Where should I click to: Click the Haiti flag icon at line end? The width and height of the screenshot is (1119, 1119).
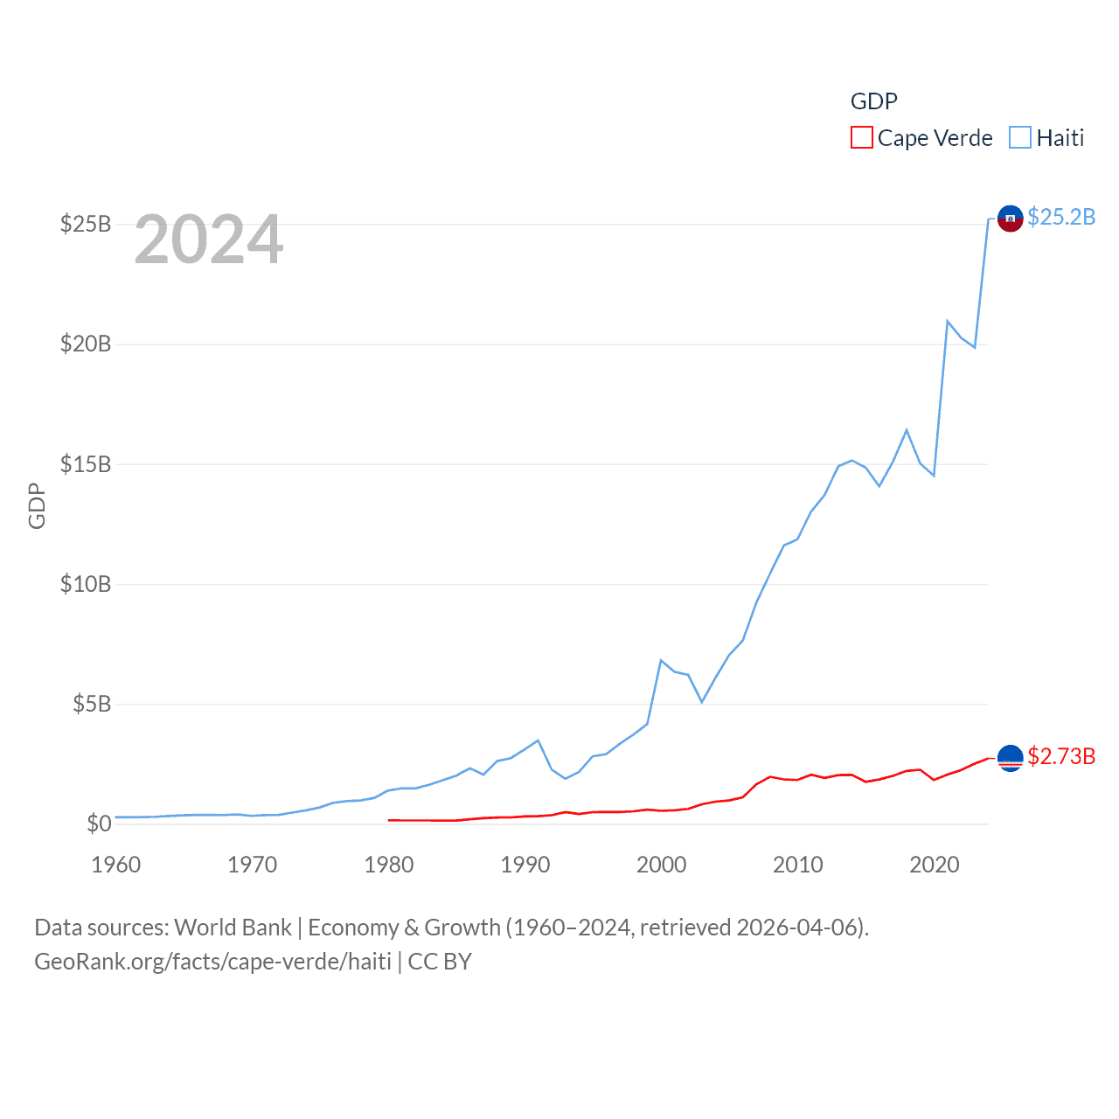(1010, 219)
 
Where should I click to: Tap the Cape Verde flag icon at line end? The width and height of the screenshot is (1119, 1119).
(1010, 758)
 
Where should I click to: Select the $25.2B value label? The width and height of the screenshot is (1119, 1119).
(1061, 217)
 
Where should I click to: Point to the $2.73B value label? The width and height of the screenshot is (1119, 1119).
(1061, 756)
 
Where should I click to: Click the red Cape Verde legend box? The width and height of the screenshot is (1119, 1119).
(861, 138)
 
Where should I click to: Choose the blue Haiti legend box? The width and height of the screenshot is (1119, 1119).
(1019, 138)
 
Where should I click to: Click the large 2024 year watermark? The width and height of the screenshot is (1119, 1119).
(209, 240)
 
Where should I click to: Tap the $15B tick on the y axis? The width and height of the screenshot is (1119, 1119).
(86, 464)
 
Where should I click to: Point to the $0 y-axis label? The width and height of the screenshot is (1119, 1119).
(99, 824)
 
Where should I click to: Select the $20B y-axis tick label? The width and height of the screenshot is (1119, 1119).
(86, 344)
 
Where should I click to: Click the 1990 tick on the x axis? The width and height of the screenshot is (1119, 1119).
(525, 865)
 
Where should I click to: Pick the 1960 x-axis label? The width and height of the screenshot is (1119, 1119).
(116, 865)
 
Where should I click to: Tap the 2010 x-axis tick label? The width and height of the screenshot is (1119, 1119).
(798, 865)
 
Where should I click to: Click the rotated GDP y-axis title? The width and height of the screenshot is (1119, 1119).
(37, 505)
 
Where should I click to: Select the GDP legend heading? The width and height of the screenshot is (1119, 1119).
(874, 101)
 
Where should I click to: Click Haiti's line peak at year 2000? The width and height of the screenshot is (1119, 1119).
(661, 661)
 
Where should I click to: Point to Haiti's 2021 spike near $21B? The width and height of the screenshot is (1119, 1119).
(948, 322)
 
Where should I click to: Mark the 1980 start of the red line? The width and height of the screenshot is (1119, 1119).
(389, 820)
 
